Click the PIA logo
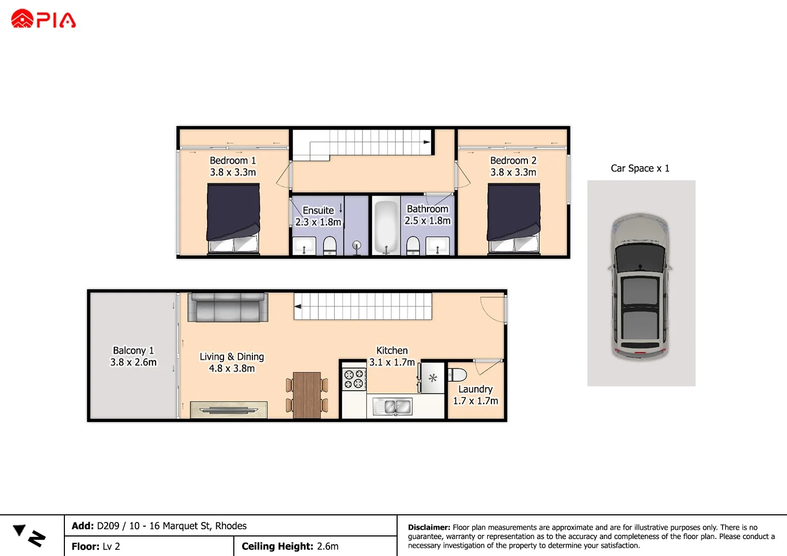pyautogui.click(x=43, y=19)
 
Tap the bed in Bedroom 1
pyautogui.click(x=233, y=219)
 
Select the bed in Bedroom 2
pyautogui.click(x=514, y=219)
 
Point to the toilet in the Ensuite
pyautogui.click(x=330, y=246)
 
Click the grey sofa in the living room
pyautogui.click(x=228, y=307)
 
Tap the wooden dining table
pyautogui.click(x=307, y=395)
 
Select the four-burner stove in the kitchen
pyautogui.click(x=354, y=378)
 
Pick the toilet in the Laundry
pyautogui.click(x=457, y=374)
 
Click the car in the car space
pyautogui.click(x=640, y=286)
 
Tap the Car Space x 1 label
pyautogui.click(x=640, y=168)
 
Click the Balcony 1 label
pyautogui.click(x=133, y=351)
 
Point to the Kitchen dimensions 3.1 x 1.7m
pyautogui.click(x=392, y=362)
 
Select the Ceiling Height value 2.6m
pyautogui.click(x=328, y=546)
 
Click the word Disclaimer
pyautogui.click(x=429, y=527)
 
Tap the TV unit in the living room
pyautogui.click(x=229, y=410)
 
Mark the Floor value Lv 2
pyautogui.click(x=111, y=546)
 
